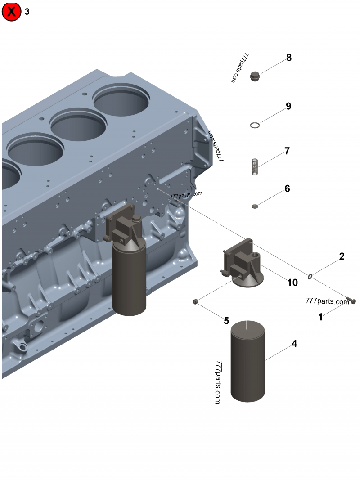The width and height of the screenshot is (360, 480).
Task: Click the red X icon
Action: coord(11,12)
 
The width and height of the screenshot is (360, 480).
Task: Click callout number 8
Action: coord(289,58)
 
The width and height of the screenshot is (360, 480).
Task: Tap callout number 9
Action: coord(288,106)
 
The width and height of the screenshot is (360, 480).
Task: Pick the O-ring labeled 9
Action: coord(255,125)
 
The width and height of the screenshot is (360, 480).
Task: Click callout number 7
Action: coord(287,151)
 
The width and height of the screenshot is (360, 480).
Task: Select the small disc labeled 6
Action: coord(255,206)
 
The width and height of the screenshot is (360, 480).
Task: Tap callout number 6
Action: coord(287,188)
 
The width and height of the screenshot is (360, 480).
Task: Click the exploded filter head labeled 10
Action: coord(243,265)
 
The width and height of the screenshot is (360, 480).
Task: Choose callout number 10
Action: coord(292,283)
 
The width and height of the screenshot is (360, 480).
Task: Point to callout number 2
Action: coord(342,256)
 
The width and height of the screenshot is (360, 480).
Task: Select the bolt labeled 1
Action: coord(352,301)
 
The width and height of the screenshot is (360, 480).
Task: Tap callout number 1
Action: coord(320,317)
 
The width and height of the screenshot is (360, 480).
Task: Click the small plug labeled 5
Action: coord(196,301)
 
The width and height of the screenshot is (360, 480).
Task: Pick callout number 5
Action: coord(226,321)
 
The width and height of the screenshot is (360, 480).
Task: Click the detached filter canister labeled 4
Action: coord(247,360)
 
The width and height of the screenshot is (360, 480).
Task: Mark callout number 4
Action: coord(294,344)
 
